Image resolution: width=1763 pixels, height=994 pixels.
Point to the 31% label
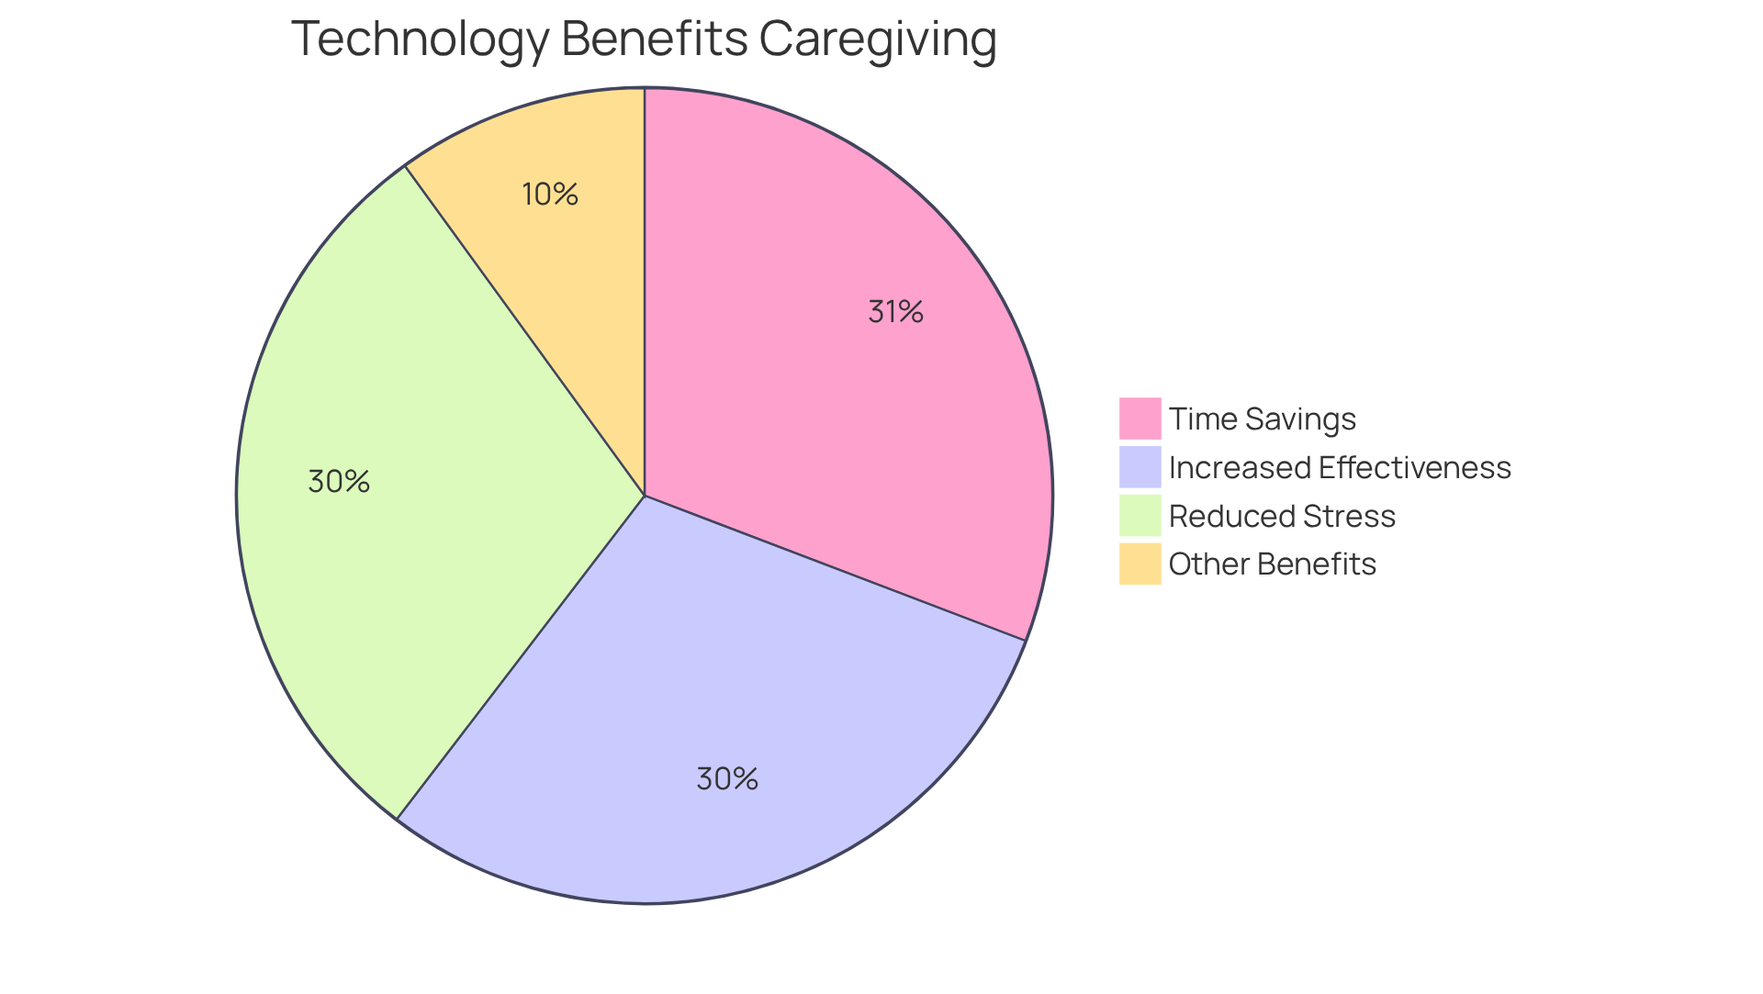(x=895, y=312)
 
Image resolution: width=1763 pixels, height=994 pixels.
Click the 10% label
(x=550, y=195)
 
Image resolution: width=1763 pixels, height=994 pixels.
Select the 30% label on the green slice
(x=339, y=482)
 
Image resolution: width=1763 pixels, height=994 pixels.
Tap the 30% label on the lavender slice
(x=727, y=779)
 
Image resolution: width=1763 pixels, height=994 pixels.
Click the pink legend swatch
(x=1140, y=419)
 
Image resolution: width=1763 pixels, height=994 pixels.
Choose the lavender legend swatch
(x=1140, y=467)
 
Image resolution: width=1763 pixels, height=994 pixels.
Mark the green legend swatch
(x=1140, y=516)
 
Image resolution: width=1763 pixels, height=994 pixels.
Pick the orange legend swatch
(x=1140, y=564)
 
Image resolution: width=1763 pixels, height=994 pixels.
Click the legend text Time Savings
(x=1262, y=419)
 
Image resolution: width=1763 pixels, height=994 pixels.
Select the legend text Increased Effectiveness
(x=1339, y=468)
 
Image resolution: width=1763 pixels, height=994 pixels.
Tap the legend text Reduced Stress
(x=1282, y=517)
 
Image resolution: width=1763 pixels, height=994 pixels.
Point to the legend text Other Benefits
(x=1272, y=564)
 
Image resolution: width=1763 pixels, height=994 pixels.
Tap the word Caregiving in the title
(x=878, y=40)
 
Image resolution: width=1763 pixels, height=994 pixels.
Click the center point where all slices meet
(x=645, y=496)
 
